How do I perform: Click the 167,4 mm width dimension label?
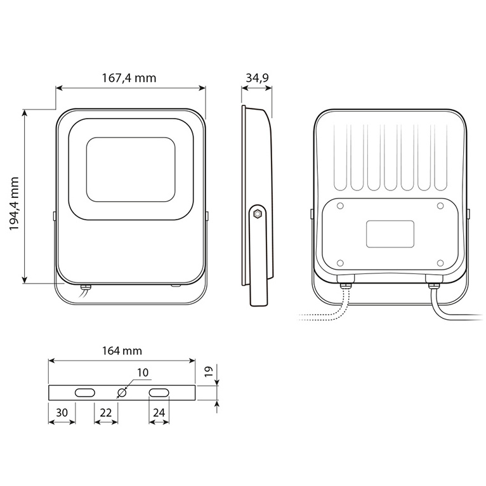(129, 78)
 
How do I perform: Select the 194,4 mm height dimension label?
(14, 203)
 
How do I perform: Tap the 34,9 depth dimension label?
(257, 78)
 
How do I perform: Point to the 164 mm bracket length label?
(122, 351)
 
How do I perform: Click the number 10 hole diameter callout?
(143, 372)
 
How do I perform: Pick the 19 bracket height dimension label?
(209, 371)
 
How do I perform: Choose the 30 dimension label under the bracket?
(62, 412)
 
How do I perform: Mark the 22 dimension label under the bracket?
(106, 412)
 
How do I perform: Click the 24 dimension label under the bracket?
(159, 412)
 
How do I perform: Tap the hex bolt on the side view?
(257, 214)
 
